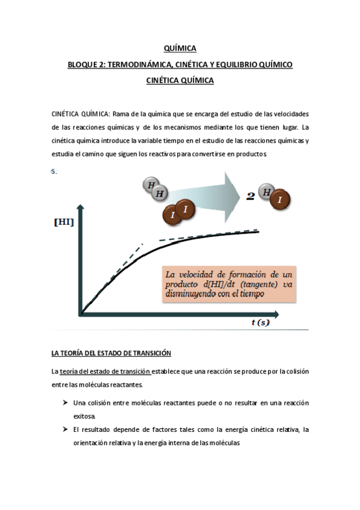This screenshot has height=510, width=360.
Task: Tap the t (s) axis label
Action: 260,323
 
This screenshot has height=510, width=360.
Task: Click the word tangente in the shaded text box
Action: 251,285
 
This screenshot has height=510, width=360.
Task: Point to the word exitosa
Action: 84,416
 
